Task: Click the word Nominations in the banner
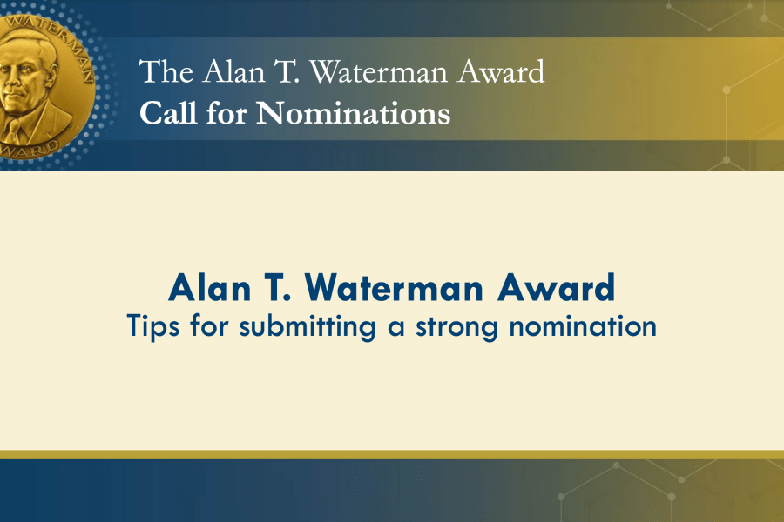(353, 113)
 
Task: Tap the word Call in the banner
(167, 112)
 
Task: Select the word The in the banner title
(166, 71)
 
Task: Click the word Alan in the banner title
(234, 71)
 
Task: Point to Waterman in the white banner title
(379, 72)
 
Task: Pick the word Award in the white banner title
(502, 72)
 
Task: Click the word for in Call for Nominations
(226, 112)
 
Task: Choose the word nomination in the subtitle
(583, 327)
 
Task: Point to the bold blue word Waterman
(394, 288)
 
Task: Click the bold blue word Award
(556, 288)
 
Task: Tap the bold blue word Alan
(209, 288)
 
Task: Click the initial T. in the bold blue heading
(278, 288)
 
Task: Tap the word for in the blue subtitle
(209, 326)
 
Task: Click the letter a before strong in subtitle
(396, 329)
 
